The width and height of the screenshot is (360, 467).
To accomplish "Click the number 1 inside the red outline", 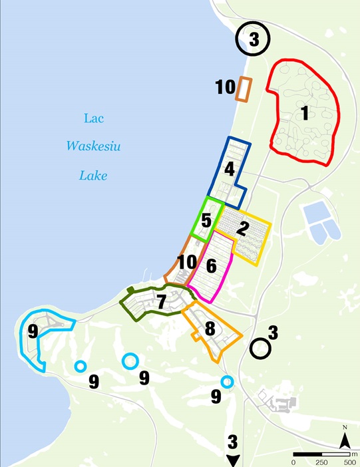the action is click(304, 114).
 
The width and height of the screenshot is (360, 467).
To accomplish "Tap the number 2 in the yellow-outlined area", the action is click(244, 228).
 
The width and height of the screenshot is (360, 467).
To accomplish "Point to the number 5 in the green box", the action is click(206, 218).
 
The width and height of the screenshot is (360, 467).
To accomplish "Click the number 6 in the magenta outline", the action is click(211, 266).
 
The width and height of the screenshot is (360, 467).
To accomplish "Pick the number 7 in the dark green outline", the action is click(161, 301).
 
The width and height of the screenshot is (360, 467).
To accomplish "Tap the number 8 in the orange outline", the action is click(210, 328).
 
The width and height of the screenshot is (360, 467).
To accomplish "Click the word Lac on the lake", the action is click(93, 118).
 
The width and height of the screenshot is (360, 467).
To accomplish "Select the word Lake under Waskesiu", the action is click(93, 176).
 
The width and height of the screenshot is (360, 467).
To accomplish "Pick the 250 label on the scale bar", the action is click(321, 462).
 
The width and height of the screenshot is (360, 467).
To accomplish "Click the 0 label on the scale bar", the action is click(293, 462).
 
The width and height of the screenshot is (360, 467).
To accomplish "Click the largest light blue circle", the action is click(130, 361).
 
